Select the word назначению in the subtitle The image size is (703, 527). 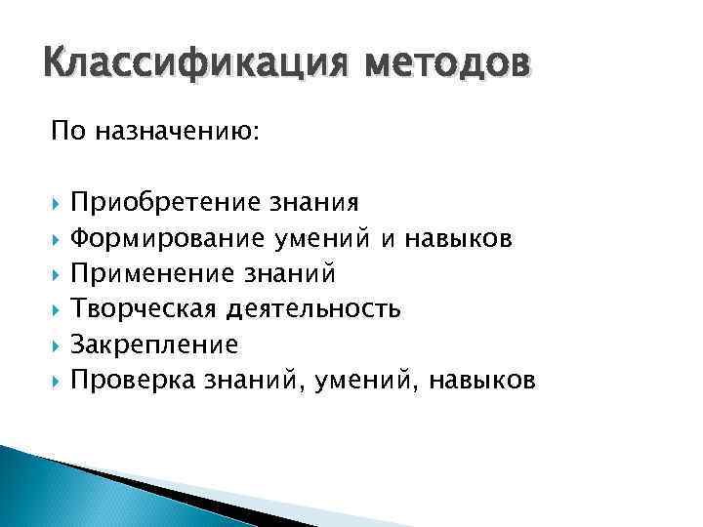coord(177,132)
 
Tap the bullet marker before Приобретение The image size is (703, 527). coord(57,203)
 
